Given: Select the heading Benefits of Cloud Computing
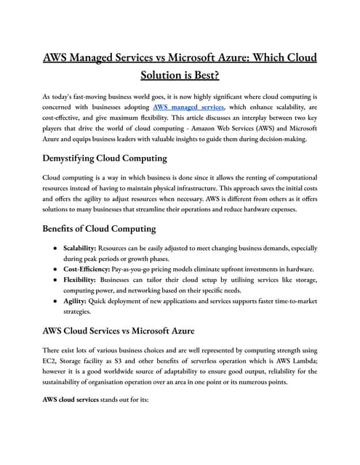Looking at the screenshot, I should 100,229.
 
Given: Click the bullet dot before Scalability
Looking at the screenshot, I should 55,248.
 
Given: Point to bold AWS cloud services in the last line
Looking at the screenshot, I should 76,399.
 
